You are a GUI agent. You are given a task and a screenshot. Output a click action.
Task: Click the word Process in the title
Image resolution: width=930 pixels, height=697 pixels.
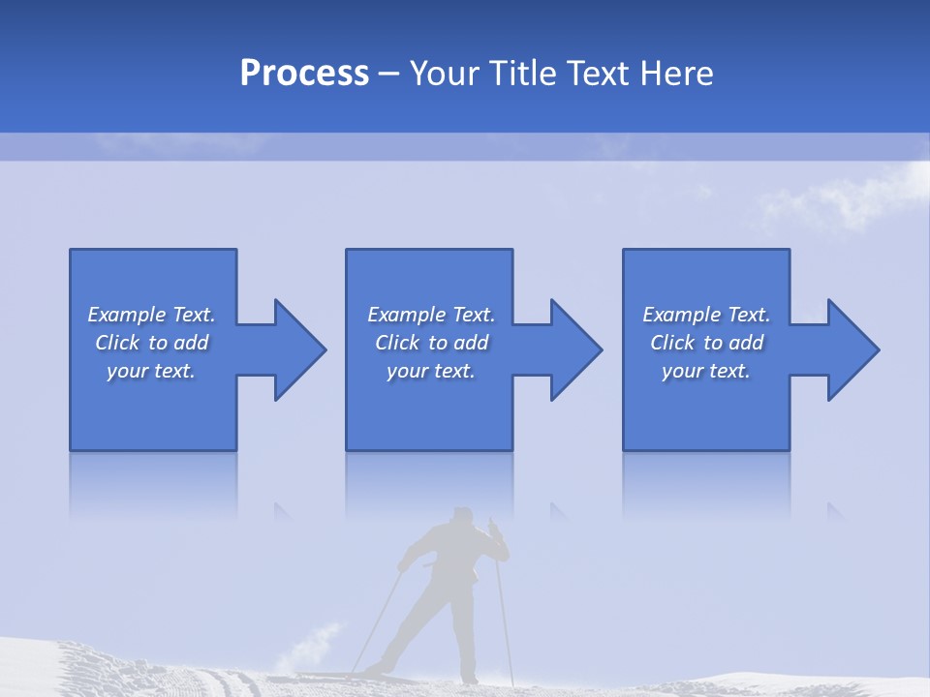(304, 74)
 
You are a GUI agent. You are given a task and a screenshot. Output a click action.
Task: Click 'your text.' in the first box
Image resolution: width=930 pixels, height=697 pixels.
(150, 371)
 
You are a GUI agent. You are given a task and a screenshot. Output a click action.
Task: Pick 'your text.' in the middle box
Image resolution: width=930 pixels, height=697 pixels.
(430, 371)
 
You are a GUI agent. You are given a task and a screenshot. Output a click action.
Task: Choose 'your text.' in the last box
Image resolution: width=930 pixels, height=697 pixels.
(705, 371)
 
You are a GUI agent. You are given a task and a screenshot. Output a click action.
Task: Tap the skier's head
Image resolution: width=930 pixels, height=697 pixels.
(463, 516)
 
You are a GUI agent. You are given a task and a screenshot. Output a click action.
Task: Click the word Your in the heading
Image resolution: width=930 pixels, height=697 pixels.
(445, 74)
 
